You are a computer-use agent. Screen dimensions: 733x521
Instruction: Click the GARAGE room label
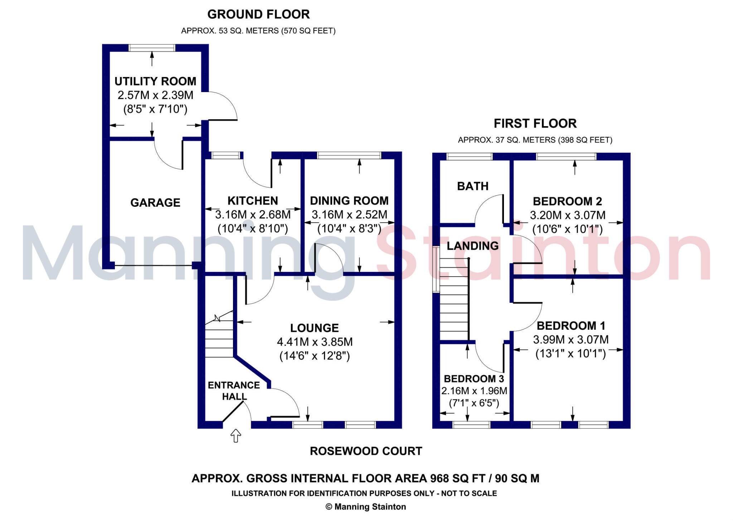click(155, 203)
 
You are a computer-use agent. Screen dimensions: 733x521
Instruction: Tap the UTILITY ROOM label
click(155, 81)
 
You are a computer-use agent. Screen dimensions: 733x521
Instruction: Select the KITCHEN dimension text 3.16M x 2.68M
click(253, 215)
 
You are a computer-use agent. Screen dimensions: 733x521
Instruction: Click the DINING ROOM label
click(349, 201)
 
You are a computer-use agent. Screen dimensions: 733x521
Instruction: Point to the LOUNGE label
click(315, 328)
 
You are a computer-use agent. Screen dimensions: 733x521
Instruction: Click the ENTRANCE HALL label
click(234, 391)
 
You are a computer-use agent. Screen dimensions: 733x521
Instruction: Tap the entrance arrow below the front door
click(236, 436)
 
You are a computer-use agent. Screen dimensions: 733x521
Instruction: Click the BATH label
click(473, 186)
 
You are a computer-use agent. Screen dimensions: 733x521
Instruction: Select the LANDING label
click(473, 246)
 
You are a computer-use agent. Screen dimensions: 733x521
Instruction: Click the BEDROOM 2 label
click(568, 201)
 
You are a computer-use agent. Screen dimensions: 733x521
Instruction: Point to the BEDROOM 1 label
click(571, 326)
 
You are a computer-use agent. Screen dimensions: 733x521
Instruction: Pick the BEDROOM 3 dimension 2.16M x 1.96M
click(474, 391)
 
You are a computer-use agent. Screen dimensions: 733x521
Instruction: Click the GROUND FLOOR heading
click(258, 14)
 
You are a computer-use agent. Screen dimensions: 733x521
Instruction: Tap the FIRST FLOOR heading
click(535, 124)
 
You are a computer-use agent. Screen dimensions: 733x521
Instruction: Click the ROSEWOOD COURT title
click(366, 451)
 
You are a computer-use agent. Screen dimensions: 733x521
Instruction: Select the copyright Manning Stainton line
click(366, 507)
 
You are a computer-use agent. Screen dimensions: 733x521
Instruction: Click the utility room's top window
click(152, 48)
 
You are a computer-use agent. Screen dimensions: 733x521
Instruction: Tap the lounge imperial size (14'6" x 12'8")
click(315, 356)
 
